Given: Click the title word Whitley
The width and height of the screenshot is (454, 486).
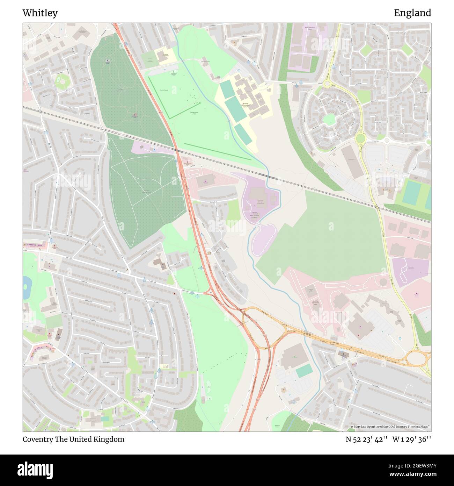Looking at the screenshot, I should tap(40, 13).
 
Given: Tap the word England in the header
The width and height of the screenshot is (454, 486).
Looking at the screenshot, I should tap(412, 13).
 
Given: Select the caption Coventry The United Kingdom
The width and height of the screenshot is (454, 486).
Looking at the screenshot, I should tap(73, 439).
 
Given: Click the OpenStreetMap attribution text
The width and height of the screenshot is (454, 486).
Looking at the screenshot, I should tap(390, 427).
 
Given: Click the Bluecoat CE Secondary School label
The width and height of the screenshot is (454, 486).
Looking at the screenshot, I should tap(245, 105).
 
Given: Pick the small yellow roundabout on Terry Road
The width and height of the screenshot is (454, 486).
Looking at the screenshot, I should tap(328, 84).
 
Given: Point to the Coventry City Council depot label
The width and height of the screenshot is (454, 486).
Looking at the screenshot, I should tap(315, 302).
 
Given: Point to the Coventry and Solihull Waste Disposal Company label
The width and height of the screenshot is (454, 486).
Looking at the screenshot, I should tap(257, 214).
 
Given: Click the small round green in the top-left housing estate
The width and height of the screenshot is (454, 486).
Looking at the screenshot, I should tap(63, 82).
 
